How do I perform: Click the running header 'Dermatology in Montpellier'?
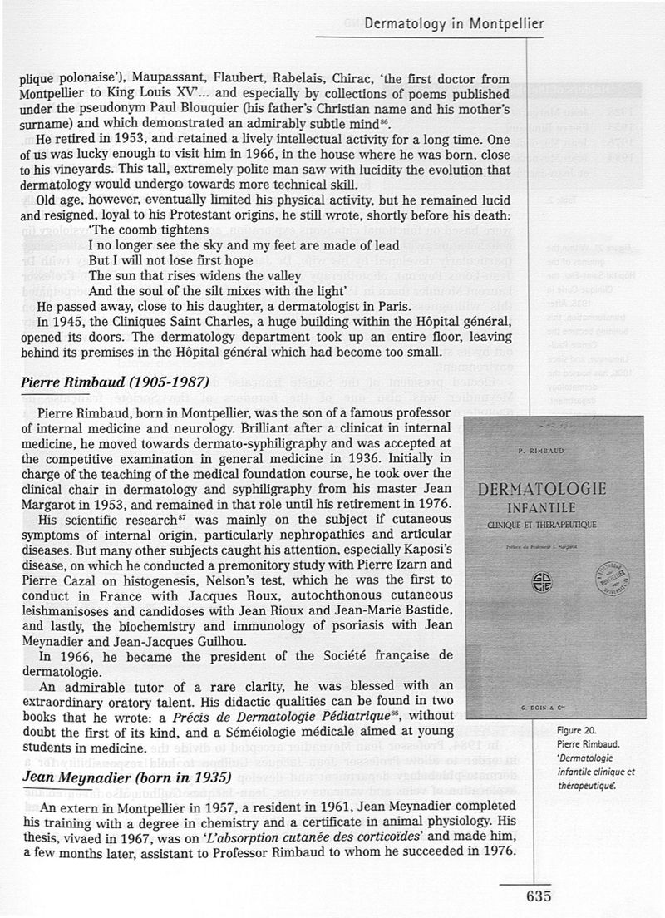tap(454, 23)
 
